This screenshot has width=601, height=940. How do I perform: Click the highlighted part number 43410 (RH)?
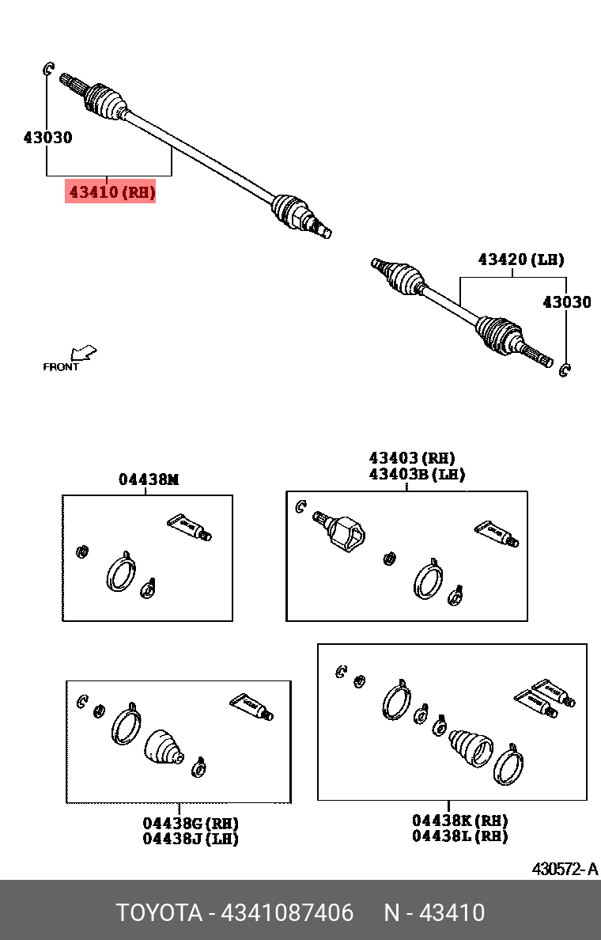(x=111, y=191)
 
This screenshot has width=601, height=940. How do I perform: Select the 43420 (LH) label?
(x=520, y=260)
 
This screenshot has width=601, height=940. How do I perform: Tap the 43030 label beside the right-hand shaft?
(x=47, y=138)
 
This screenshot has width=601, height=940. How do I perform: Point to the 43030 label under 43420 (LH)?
(x=566, y=302)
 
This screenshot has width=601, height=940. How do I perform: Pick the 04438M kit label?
(x=149, y=479)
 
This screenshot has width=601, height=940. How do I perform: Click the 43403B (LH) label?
(x=416, y=475)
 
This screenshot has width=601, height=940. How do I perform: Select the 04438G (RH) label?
(x=191, y=823)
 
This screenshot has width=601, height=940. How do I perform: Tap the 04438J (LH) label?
(x=191, y=839)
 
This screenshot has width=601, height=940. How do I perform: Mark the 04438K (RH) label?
(x=459, y=821)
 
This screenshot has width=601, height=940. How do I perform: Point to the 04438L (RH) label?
(x=459, y=836)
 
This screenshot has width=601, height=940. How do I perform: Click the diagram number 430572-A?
(x=565, y=869)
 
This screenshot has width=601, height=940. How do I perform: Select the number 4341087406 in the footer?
(x=287, y=913)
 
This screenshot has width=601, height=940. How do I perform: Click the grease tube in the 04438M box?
(x=190, y=526)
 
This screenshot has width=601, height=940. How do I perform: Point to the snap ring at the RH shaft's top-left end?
(x=47, y=70)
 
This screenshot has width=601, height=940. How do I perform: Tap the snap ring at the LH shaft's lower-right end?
(x=565, y=370)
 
